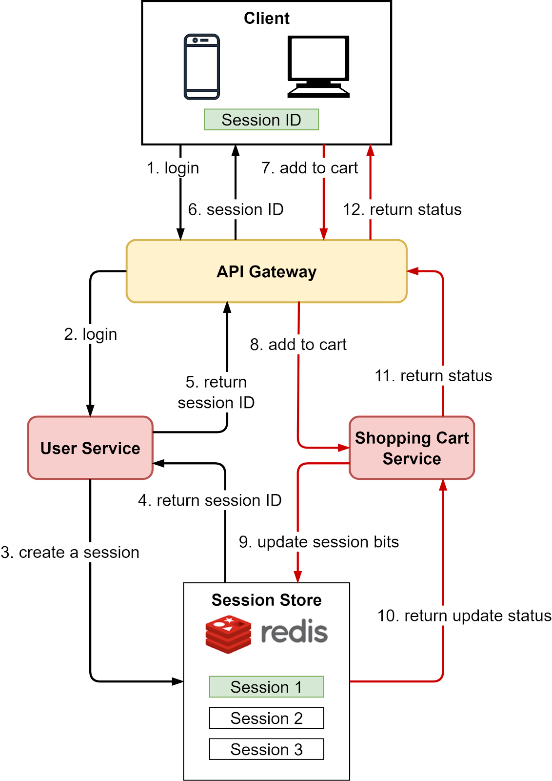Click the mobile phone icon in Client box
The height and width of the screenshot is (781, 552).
[x=201, y=67]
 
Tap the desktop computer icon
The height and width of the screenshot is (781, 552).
[x=318, y=66]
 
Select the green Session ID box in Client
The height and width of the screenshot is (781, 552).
[x=261, y=120]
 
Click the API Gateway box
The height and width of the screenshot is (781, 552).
[x=266, y=271]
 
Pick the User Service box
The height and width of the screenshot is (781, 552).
[x=90, y=448]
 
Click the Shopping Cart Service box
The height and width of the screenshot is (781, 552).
[x=412, y=448]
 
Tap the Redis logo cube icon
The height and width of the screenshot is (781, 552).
[x=228, y=634]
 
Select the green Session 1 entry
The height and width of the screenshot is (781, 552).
[x=266, y=687]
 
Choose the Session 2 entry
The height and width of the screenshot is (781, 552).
[x=266, y=718]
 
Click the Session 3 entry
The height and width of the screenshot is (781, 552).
[x=266, y=749]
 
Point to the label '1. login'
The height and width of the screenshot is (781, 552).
[x=173, y=168]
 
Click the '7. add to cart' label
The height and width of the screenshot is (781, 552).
[x=310, y=168]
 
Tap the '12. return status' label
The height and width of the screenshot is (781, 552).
[x=402, y=209]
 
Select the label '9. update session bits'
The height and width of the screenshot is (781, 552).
[x=319, y=542]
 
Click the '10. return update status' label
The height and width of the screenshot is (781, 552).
[x=464, y=616]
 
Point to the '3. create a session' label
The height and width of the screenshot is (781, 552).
[x=70, y=553]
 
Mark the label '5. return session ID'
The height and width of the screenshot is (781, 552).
[x=216, y=392]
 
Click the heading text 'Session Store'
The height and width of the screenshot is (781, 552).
[x=266, y=600]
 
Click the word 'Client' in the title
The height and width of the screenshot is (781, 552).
[x=266, y=19]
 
